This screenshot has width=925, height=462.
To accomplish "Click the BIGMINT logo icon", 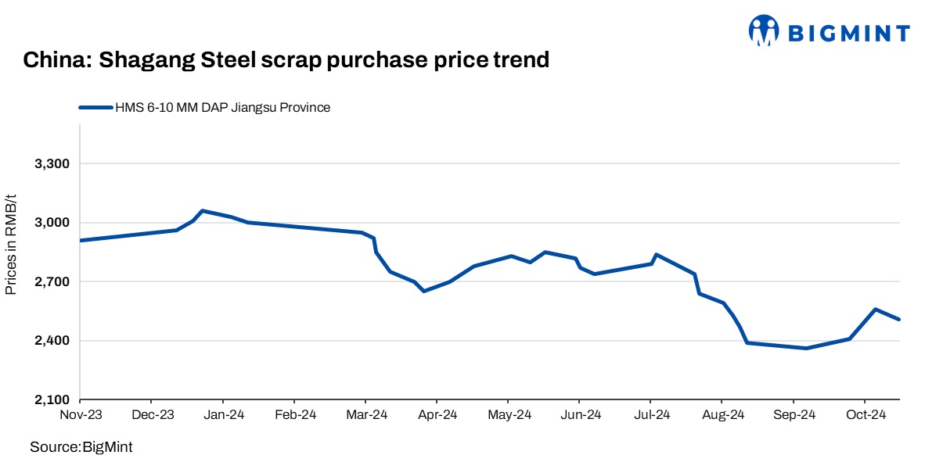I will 765,31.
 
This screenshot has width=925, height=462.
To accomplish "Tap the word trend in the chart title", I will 517,60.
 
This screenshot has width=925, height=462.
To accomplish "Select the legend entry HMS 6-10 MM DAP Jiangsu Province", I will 222,108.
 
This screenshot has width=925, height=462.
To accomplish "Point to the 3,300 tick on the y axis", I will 52,164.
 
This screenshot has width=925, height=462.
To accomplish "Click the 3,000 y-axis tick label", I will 52,223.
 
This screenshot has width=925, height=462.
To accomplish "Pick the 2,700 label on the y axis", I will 52,282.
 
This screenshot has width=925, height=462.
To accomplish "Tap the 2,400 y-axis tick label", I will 52,341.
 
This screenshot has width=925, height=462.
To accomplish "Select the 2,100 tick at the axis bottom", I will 52,400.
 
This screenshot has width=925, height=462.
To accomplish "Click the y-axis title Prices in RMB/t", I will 11,245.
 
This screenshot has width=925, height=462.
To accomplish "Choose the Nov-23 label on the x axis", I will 81,415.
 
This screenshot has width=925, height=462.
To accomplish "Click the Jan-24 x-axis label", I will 224,415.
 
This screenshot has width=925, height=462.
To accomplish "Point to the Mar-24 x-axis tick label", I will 366,415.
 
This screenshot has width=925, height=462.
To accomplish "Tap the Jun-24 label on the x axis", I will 580,415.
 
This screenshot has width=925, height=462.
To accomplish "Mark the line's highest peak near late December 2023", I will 202,210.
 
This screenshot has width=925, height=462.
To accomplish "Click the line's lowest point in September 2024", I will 806,348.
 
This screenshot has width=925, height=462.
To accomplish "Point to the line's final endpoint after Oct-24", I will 900,319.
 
